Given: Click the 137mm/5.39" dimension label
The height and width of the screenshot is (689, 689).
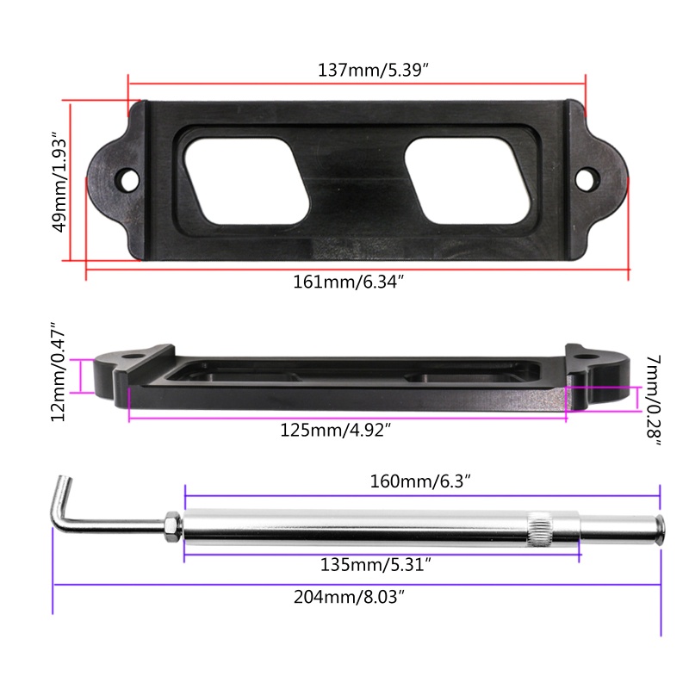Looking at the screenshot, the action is [373, 71].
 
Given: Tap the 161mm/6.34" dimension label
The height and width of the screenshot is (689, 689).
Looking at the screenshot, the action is [348, 282].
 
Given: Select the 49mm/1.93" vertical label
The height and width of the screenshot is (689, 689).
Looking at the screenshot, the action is [59, 182].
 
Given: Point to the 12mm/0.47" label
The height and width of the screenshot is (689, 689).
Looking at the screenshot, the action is [58, 372].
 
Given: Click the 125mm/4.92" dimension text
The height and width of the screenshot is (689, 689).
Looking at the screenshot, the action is [335, 430].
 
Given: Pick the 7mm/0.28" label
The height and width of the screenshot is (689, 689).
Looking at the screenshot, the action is [653, 400].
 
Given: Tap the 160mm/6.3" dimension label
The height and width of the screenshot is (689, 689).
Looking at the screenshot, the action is [420, 481].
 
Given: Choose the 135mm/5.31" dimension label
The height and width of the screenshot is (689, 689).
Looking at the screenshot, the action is [376, 564].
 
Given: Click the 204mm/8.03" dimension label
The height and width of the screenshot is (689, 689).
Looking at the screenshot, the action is [349, 597].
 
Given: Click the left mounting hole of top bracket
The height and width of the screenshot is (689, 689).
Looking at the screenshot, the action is [127, 179].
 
